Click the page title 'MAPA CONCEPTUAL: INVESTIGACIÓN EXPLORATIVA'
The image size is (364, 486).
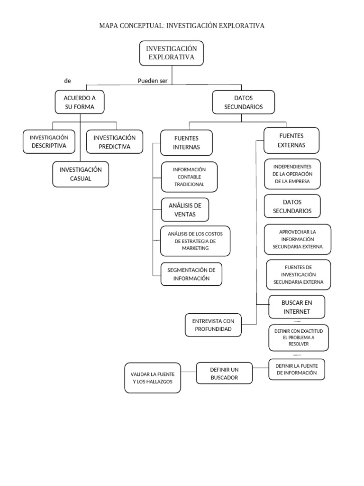(x=182, y=26)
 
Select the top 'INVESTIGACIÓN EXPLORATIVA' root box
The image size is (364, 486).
(x=172, y=53)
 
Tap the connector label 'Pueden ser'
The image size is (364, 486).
(x=153, y=81)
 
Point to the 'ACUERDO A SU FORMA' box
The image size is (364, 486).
(x=80, y=102)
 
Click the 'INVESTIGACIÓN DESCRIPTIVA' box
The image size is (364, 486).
(x=49, y=141)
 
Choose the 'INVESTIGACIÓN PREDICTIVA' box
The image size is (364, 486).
(x=114, y=142)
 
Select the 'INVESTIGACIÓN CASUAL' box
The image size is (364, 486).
(x=81, y=174)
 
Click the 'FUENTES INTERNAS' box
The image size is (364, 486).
(x=186, y=142)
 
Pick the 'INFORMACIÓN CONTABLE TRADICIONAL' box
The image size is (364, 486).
(x=189, y=177)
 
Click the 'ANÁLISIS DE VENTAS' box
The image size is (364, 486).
(x=185, y=210)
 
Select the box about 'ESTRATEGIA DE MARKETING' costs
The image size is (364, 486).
(x=195, y=241)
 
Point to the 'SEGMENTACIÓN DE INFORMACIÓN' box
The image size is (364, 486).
(x=191, y=274)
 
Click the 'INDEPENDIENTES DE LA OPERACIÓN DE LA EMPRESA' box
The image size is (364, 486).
(x=292, y=174)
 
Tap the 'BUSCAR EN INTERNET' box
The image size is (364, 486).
(x=297, y=307)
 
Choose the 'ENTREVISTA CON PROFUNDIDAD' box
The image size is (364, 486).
(x=213, y=325)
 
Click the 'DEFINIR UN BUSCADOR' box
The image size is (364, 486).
(x=224, y=373)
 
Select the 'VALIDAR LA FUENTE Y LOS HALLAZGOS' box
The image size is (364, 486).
(x=153, y=378)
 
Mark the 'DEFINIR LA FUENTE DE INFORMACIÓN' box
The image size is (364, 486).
(x=297, y=369)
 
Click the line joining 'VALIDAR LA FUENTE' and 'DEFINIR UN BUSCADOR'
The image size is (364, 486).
(x=188, y=371)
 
